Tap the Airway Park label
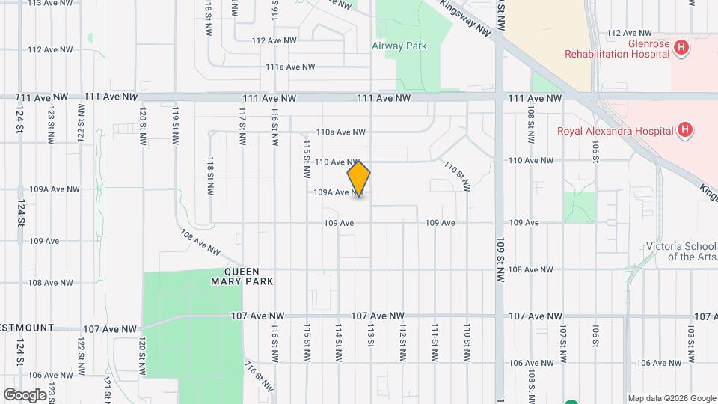[x=399, y=46]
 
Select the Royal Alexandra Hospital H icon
[x=684, y=131]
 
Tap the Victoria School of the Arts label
[x=682, y=251]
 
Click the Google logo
[x=25, y=394]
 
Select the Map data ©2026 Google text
[x=671, y=397]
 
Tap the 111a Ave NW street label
[x=291, y=67]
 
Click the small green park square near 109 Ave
[x=579, y=206]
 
